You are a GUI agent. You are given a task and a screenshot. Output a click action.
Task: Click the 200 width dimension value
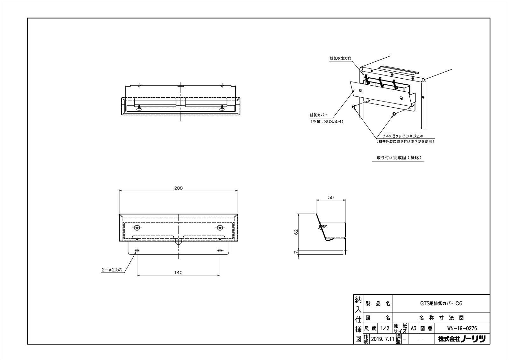pos(178,188)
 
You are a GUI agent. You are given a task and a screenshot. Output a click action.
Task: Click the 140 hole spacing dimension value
pos(178,272)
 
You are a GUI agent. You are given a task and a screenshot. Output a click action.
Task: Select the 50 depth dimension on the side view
pos(331,197)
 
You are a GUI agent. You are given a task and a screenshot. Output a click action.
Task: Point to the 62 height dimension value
pos(296,232)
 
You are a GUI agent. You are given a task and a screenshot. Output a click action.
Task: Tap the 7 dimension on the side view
pos(296,252)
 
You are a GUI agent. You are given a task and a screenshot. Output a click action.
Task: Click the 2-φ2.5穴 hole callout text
pos(112,270)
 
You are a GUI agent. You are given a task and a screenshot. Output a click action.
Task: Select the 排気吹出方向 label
pos(341,58)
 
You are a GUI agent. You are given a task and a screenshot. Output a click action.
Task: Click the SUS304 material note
pos(327,122)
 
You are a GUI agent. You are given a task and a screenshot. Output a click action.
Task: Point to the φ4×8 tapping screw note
pos(403,136)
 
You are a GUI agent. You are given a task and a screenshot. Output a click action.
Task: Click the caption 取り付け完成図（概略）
pos(398,157)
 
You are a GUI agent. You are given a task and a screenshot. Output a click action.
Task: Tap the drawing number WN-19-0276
pos(462,328)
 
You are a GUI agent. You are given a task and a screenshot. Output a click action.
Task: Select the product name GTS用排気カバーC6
pos(441,303)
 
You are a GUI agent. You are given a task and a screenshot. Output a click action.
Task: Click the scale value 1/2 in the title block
pos(385,328)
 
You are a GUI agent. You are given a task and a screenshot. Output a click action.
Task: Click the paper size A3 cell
pos(413,328)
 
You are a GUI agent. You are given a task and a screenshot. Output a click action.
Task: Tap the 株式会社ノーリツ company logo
pos(462,339)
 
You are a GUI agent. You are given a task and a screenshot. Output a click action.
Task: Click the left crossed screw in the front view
pos(137,227)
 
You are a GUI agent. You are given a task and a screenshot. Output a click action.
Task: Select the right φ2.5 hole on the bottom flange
pos(220,251)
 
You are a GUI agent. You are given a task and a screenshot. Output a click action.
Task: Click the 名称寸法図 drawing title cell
pos(441,318)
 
